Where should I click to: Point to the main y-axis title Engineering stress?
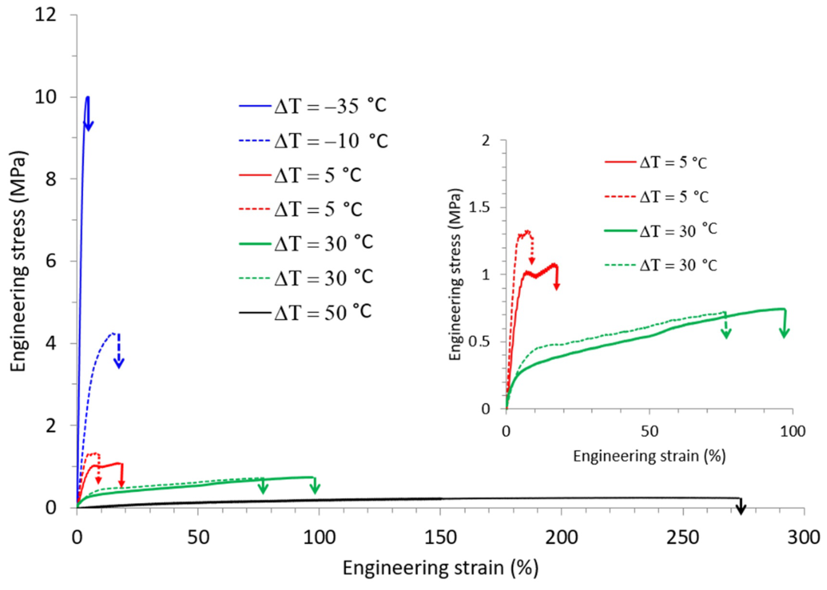tap(18, 261)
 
